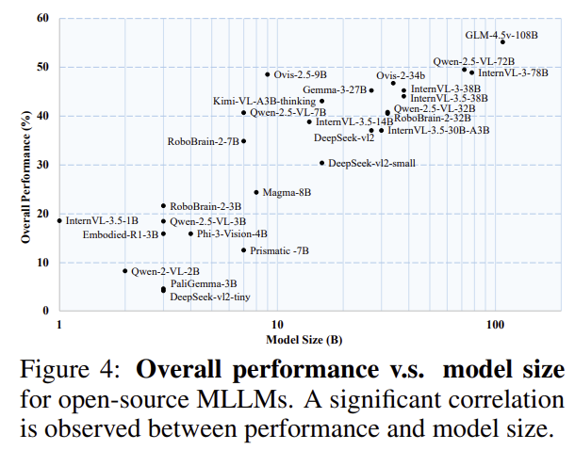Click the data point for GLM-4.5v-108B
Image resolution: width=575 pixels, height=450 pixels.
click(502, 42)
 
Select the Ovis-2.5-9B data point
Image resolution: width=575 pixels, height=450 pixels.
click(268, 74)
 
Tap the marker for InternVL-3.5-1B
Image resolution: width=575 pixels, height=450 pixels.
click(59, 220)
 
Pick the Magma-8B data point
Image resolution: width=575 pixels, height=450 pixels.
click(256, 192)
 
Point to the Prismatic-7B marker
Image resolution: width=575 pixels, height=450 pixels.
click(243, 250)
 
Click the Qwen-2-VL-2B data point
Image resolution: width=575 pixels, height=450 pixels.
click(125, 271)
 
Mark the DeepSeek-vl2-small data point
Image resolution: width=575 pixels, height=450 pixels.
click(321, 163)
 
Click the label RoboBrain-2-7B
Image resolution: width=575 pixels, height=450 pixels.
click(203, 141)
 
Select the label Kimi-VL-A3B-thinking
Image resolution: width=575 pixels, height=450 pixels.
click(263, 101)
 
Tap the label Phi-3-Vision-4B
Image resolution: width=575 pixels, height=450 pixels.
click(231, 233)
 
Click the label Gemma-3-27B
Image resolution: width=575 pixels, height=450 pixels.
click(335, 90)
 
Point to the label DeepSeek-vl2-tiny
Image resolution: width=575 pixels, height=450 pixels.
click(210, 297)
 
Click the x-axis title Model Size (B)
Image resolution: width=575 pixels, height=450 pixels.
click(303, 339)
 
